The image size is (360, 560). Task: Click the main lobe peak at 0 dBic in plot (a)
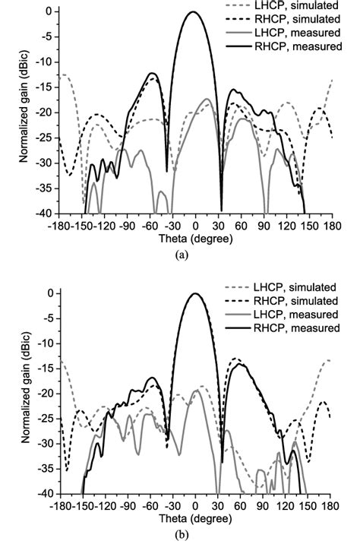(194, 12)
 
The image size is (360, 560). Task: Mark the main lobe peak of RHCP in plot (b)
(195, 293)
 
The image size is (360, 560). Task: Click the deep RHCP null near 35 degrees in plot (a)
(222, 209)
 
